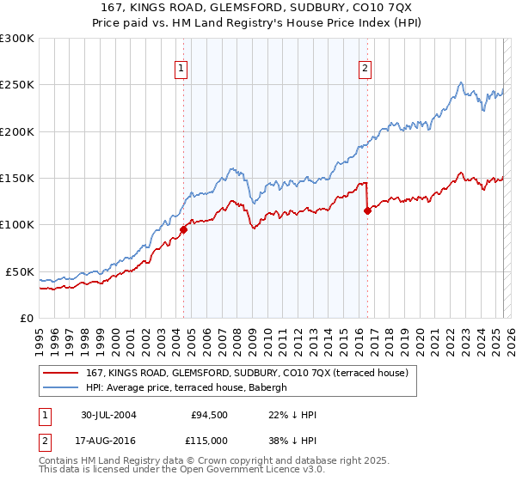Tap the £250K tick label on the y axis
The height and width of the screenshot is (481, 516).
click(17, 85)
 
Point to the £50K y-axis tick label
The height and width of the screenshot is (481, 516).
click(20, 271)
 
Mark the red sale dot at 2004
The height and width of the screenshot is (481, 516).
click(183, 229)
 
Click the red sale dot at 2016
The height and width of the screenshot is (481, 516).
click(367, 210)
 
